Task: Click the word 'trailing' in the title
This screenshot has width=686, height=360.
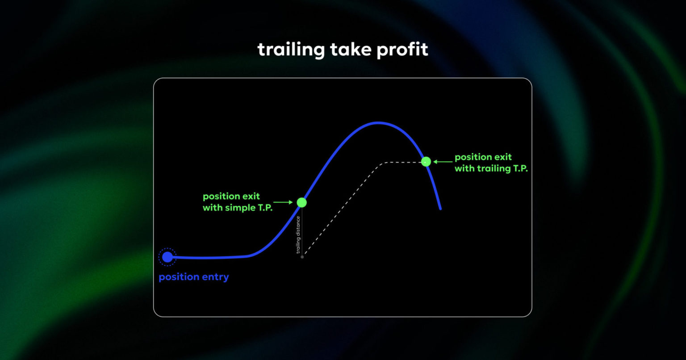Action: pos(291,50)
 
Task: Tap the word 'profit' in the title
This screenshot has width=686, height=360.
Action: pos(402,50)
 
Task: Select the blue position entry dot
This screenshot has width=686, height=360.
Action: pos(167,257)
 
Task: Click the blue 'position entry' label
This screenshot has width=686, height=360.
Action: pos(193,277)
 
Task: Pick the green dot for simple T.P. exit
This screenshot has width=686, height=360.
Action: pos(302,202)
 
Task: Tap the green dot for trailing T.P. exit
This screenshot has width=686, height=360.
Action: pos(426,162)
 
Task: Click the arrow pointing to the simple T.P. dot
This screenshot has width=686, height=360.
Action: pos(284,202)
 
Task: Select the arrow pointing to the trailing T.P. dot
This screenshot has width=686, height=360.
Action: pos(443,162)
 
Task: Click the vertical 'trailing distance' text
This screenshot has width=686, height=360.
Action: pos(298,234)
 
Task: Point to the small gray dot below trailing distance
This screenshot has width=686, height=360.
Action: pos(302,257)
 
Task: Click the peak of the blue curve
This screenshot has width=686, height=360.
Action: pos(378,122)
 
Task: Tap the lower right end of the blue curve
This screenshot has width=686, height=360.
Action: pos(440,209)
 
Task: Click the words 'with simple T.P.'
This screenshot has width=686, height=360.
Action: pos(238,208)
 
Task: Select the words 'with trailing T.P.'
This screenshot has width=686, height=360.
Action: pos(491,168)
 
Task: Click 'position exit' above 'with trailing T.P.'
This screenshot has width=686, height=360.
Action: pos(483,157)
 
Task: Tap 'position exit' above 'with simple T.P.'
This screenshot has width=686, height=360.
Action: pos(231,197)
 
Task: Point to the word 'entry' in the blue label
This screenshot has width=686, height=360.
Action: pos(214,277)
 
